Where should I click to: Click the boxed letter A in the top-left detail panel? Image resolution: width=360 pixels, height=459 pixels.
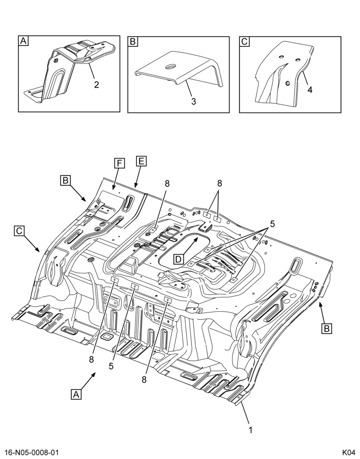23,41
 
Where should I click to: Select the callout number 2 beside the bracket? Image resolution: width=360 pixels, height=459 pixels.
96,84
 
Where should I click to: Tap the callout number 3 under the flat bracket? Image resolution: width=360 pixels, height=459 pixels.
194,101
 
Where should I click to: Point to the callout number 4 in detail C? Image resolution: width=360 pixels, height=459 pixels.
309,90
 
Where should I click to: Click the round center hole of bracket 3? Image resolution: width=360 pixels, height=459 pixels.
169,67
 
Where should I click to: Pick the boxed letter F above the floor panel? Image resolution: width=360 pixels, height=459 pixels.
119,163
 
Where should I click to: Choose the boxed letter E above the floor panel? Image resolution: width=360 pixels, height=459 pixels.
141,161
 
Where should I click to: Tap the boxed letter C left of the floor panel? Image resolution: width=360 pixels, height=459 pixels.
19,231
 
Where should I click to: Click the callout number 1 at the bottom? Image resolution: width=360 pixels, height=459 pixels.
250,430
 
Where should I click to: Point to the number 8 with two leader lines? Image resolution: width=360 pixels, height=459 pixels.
219,184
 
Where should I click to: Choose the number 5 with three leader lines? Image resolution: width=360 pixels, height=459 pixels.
272,224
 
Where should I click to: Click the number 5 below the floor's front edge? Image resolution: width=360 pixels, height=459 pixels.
111,366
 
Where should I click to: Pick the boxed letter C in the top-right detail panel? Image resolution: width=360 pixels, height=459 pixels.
244,41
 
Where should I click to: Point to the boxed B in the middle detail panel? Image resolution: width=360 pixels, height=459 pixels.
132,41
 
